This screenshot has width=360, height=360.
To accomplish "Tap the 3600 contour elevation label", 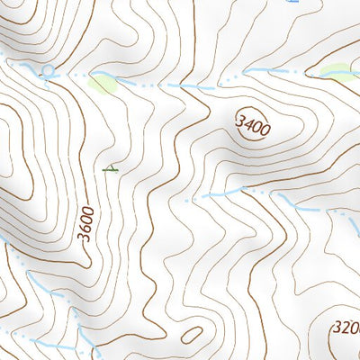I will click(85, 223).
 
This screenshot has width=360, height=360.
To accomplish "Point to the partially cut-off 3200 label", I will click(346, 328).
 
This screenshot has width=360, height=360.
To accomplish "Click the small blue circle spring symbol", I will click(48, 69).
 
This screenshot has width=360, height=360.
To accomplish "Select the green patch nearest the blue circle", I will click(103, 84).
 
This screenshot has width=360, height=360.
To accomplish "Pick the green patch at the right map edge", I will click(338, 70).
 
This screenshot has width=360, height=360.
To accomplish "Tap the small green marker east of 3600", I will click(111, 167).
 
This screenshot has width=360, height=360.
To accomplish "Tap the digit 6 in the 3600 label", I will click(85, 229).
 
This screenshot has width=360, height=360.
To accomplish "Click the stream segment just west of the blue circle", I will click(27, 66).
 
